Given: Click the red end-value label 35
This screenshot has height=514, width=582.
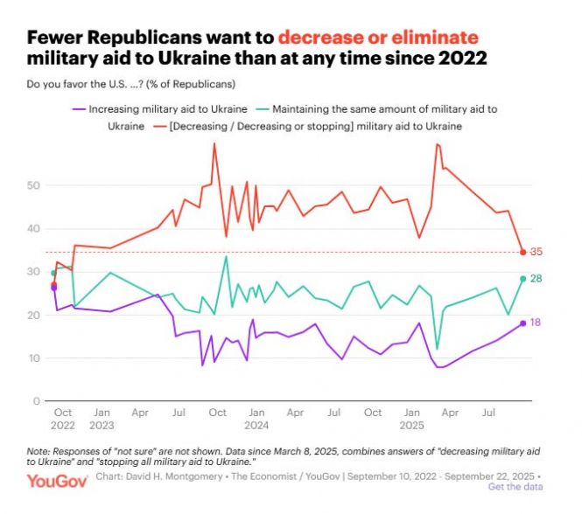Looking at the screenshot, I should click(x=536, y=252).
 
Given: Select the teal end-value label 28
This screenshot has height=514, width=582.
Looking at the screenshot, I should click(x=536, y=278).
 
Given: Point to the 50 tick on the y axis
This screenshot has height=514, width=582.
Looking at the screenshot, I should click(x=33, y=185).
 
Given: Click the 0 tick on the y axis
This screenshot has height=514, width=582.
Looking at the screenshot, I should click(x=37, y=401).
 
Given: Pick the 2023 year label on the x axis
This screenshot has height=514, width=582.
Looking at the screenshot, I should click(x=102, y=426).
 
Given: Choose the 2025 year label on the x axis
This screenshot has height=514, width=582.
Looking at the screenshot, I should click(x=411, y=426).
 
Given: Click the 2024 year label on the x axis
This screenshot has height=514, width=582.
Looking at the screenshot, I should click(x=256, y=426).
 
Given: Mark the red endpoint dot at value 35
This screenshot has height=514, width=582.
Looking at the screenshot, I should click(x=523, y=253).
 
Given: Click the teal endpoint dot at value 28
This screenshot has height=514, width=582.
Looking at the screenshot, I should click(x=523, y=279).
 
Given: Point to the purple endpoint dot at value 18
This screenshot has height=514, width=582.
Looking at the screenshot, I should click(x=523, y=323).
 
